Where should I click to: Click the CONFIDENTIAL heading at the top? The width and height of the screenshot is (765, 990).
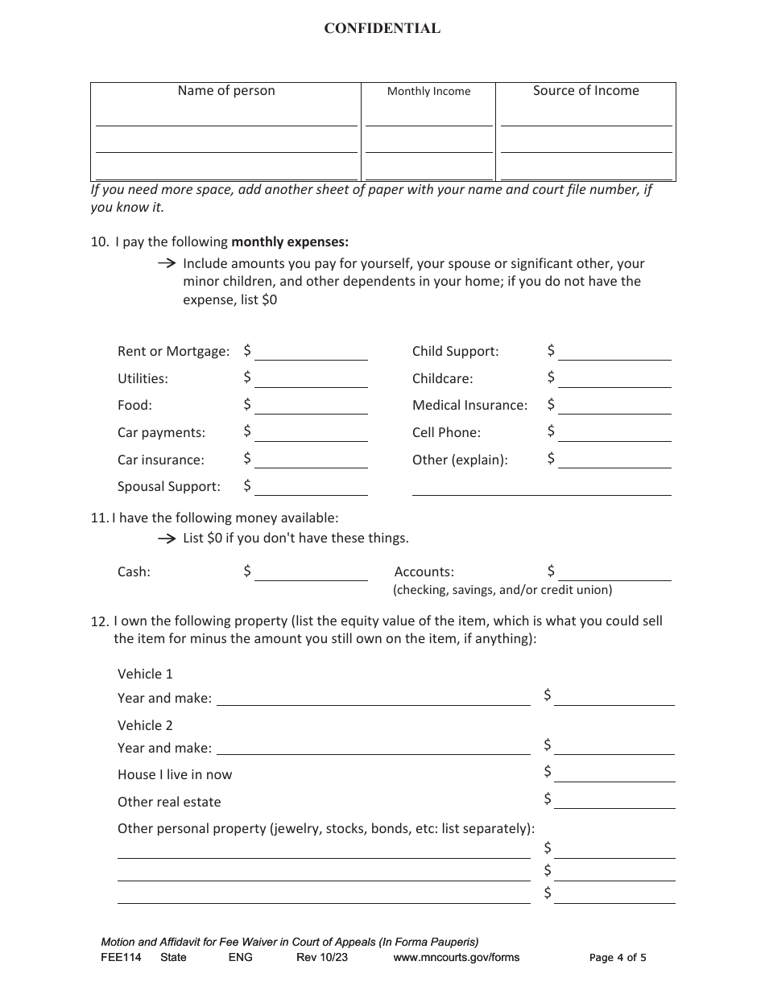[x=382, y=29]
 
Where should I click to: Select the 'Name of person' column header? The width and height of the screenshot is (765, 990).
[x=226, y=91]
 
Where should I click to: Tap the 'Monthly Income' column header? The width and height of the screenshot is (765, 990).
[x=428, y=92]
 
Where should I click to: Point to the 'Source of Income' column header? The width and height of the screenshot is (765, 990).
[x=585, y=91]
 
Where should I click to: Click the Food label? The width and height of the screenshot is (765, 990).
[x=134, y=406]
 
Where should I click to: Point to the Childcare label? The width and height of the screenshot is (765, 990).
[x=442, y=378]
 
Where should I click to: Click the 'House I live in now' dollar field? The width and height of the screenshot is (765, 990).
[x=614, y=774]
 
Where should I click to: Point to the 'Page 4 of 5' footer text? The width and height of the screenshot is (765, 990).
[x=618, y=958]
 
